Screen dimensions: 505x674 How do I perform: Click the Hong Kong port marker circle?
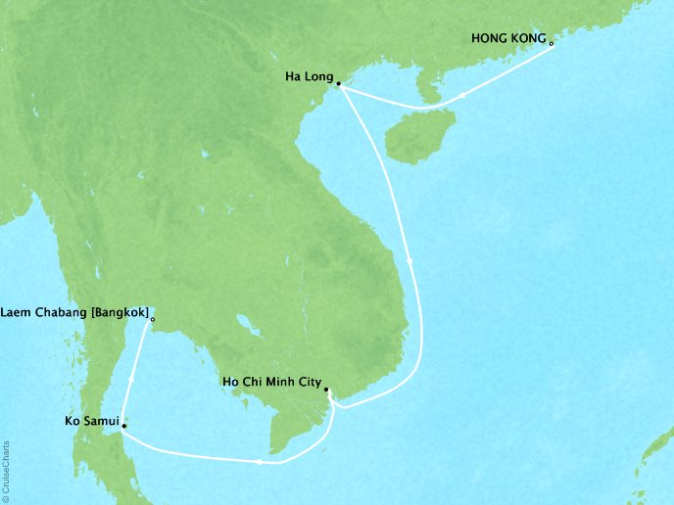pos(552,44)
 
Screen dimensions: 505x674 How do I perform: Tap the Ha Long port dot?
pos(338,84)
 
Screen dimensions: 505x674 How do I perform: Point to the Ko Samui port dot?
pos(123,427)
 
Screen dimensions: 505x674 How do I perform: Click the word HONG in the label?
pos(491,38)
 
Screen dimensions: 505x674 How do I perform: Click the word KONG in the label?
pos(529,38)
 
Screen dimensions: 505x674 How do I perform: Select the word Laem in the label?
pos(20,314)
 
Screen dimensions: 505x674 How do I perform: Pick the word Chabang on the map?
pos(65,314)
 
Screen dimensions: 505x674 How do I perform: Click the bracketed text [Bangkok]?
pos(120,314)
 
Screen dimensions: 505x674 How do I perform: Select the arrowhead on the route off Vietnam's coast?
pos(409,259)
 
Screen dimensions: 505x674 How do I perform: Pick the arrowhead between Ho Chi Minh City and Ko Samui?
pos(258,461)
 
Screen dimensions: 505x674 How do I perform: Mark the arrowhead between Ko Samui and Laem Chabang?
pos(129,375)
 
